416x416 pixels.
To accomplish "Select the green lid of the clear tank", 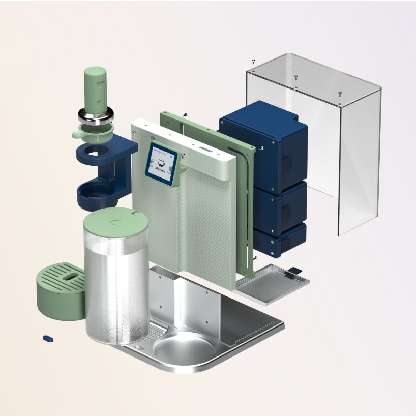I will (116, 221).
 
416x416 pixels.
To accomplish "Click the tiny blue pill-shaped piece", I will (48, 337).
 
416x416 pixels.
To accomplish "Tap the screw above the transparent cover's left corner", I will (253, 61).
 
